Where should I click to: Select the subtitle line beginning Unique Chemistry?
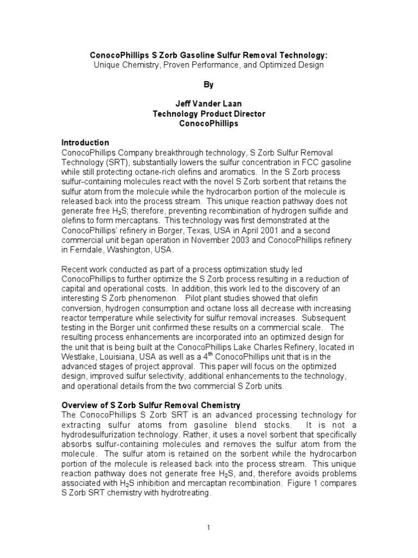click(208, 65)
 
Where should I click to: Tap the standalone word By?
click(209, 85)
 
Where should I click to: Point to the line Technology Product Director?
click(209, 114)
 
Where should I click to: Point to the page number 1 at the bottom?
click(209, 526)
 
